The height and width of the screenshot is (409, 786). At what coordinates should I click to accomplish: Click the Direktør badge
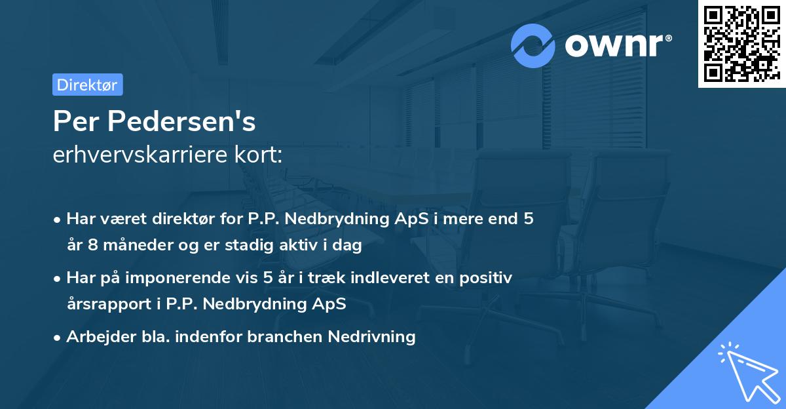tap(87, 85)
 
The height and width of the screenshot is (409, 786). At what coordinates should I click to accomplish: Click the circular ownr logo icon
tap(533, 45)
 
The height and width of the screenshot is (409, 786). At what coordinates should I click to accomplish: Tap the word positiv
tap(489, 277)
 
